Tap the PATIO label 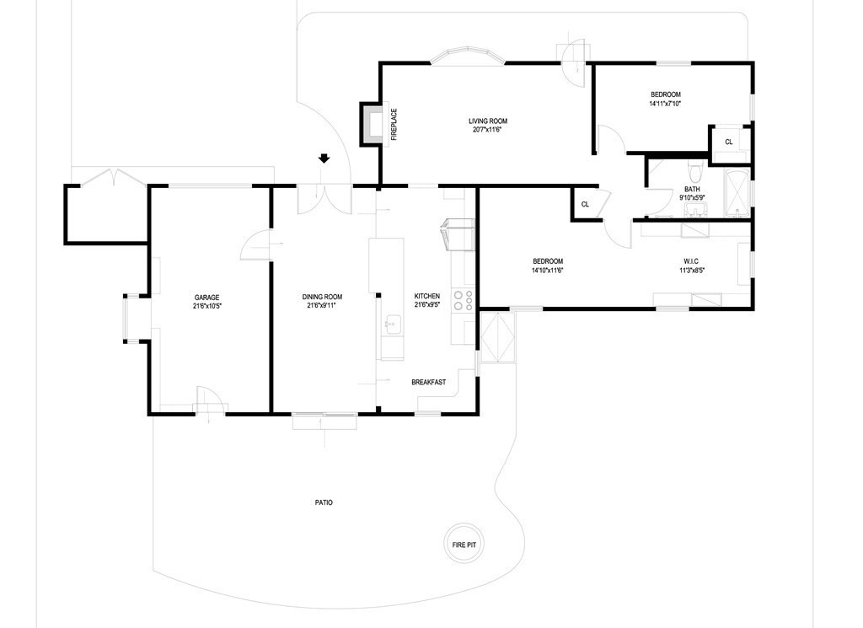click(x=324, y=502)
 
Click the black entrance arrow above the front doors click(x=324, y=158)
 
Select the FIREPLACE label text click(x=394, y=124)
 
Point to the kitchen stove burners click(x=463, y=301)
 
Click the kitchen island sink click(x=392, y=323)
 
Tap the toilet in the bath click(x=692, y=165)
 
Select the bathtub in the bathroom click(x=737, y=192)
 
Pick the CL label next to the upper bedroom click(x=729, y=142)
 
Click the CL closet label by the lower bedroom click(x=584, y=204)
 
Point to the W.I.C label click(x=691, y=261)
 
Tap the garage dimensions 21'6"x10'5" click(x=207, y=307)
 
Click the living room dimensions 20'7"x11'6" click(x=488, y=130)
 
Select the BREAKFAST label click(x=428, y=382)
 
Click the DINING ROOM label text click(x=323, y=297)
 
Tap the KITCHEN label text click(x=426, y=297)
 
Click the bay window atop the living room click(x=468, y=56)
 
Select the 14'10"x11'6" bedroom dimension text click(x=547, y=271)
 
